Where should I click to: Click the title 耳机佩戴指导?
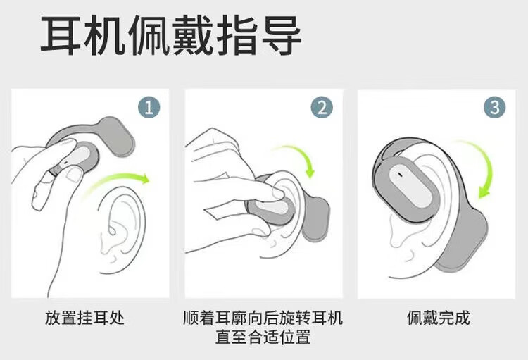point(171,35)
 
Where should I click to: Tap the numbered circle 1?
point(149,108)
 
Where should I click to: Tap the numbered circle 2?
point(322,108)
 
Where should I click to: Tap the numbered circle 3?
point(495,108)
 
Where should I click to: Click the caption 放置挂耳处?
point(84,318)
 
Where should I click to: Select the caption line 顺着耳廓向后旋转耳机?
point(263,318)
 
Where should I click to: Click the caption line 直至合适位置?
point(263,337)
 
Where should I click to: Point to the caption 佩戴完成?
point(438,318)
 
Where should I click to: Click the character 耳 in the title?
point(61,35)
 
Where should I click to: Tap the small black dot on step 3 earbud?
point(400,174)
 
